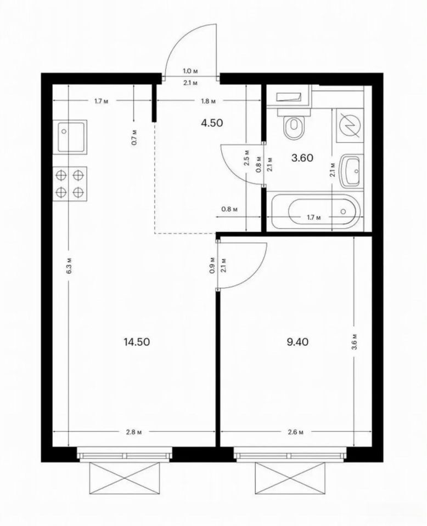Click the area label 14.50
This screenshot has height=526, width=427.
[x=137, y=342]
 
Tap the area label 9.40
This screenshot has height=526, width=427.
[x=297, y=342]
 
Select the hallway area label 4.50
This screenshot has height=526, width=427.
[x=212, y=123]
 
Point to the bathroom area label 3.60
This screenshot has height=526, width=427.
[x=302, y=158]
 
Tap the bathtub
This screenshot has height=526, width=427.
[x=315, y=211]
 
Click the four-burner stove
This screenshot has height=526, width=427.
[x=70, y=184]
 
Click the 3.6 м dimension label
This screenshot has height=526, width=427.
[x=356, y=342]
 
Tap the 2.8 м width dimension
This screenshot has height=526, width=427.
[x=134, y=432]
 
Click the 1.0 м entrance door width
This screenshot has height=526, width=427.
[x=190, y=71]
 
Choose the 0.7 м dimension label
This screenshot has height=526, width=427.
[x=134, y=137]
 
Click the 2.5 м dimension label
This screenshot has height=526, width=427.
[x=247, y=158]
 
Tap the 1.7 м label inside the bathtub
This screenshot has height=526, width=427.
[x=314, y=218]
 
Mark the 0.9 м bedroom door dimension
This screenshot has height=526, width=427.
[x=212, y=265]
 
